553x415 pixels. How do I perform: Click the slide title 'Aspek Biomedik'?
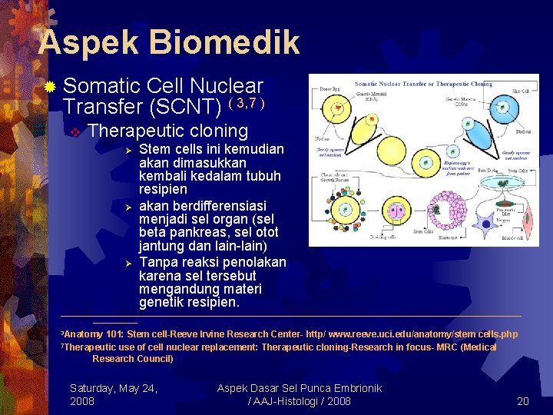click(x=168, y=42)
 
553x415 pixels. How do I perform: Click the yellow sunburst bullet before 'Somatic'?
click(x=49, y=87)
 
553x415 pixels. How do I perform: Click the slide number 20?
click(x=523, y=401)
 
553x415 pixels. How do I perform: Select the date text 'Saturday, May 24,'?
click(x=114, y=388)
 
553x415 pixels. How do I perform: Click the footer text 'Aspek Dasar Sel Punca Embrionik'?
click(x=299, y=388)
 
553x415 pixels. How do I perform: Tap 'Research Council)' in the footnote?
click(x=133, y=358)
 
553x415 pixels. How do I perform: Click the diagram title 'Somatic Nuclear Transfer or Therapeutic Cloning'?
click(x=423, y=83)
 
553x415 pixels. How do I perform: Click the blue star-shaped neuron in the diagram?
click(x=483, y=223)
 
